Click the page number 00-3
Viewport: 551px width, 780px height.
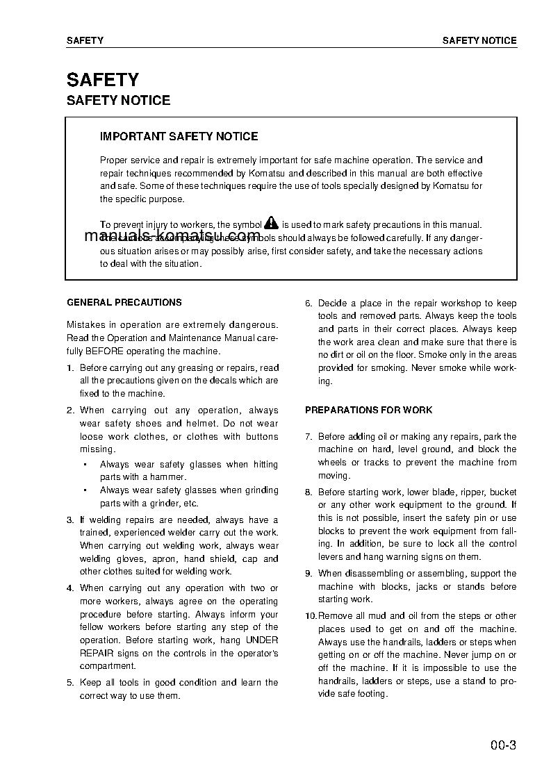[502, 747]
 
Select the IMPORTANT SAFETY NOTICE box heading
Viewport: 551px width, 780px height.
[179, 136]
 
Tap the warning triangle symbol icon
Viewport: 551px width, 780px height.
[271, 223]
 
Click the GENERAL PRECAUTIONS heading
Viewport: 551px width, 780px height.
[124, 302]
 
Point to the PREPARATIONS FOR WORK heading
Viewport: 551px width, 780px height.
[368, 410]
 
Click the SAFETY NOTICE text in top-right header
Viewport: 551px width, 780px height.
[479, 40]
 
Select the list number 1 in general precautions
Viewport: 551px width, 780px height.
[69, 367]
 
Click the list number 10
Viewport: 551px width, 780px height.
[311, 615]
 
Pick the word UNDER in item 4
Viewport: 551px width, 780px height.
[262, 640]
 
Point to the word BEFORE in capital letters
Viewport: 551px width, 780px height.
[104, 351]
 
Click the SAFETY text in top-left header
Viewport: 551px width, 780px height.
[85, 40]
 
